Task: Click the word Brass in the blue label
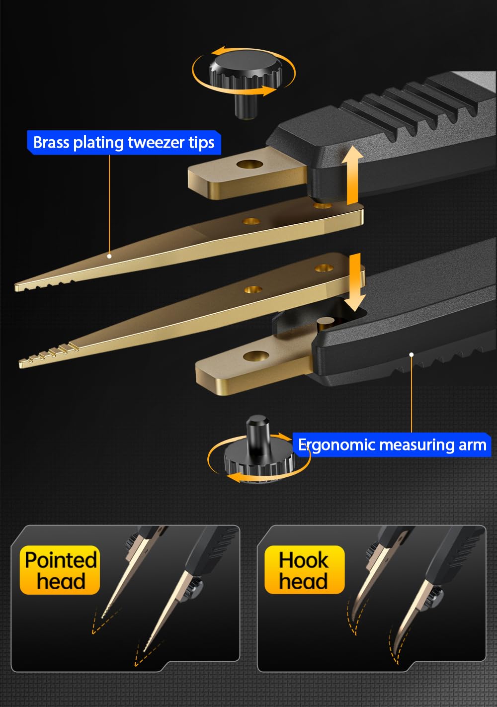tap(52, 142)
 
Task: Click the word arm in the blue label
tap(472, 445)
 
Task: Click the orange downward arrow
tap(355, 282)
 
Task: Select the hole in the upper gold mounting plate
tap(249, 164)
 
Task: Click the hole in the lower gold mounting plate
tap(256, 355)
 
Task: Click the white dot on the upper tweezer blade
tap(109, 256)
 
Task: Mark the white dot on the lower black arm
tap(412, 354)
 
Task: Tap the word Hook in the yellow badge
tap(304, 560)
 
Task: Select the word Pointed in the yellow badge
tap(61, 560)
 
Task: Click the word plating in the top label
tap(99, 143)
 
